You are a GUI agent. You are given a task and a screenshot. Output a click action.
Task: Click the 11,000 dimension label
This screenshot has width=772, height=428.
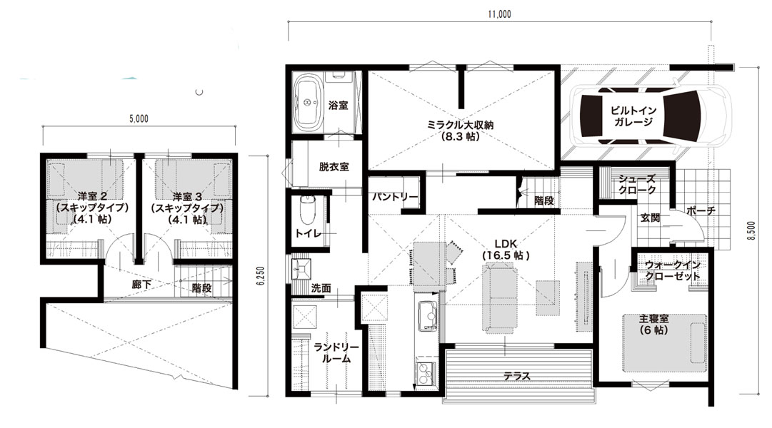tap(499, 14)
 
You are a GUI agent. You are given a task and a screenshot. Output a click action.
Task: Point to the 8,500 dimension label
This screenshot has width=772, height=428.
tap(751, 230)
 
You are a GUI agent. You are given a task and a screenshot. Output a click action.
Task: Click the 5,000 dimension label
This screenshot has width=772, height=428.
tap(139, 118)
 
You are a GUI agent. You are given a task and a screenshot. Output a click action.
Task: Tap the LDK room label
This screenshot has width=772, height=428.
tap(505, 243)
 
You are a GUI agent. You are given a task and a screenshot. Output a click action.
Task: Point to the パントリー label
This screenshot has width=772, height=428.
tap(395, 197)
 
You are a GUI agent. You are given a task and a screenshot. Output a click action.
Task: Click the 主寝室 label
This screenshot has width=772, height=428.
tap(654, 319)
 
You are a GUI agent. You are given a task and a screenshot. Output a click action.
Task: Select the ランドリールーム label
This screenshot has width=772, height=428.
tap(336, 352)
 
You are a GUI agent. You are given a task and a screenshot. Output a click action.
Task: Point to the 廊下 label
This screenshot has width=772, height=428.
tap(141, 285)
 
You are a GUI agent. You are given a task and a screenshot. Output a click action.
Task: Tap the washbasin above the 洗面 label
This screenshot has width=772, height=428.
tap(301, 269)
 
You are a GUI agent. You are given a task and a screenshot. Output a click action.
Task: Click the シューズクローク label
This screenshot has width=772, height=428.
tap(637, 185)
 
